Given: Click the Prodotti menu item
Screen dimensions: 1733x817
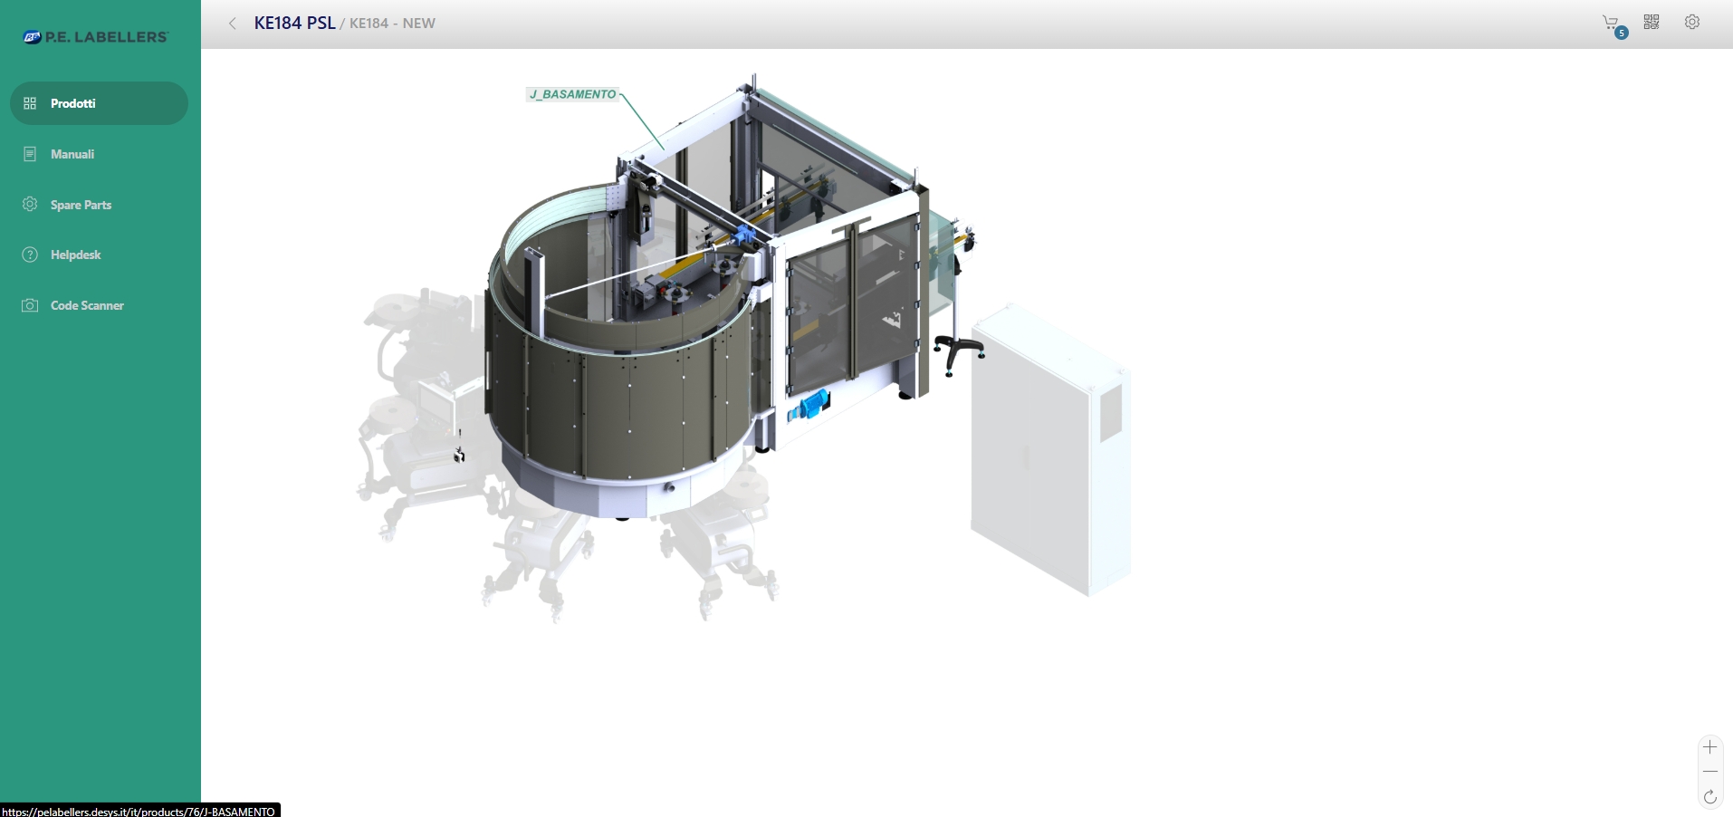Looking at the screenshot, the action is click(99, 103).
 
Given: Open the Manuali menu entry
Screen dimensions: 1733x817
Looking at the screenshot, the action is click(72, 154).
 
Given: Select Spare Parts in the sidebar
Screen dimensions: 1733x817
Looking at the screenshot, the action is click(81, 205).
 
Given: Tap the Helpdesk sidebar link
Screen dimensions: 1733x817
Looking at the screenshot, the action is click(75, 255).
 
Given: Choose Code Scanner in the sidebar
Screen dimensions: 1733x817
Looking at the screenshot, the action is click(87, 305).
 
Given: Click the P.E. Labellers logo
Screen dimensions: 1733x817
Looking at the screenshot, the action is click(96, 37).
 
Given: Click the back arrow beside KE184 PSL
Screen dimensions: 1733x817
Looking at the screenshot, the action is click(233, 24).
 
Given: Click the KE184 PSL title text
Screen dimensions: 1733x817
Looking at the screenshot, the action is click(294, 24).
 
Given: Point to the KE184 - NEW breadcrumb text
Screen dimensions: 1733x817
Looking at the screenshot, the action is click(392, 24).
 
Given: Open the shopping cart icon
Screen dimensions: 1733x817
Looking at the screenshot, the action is click(1612, 24).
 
